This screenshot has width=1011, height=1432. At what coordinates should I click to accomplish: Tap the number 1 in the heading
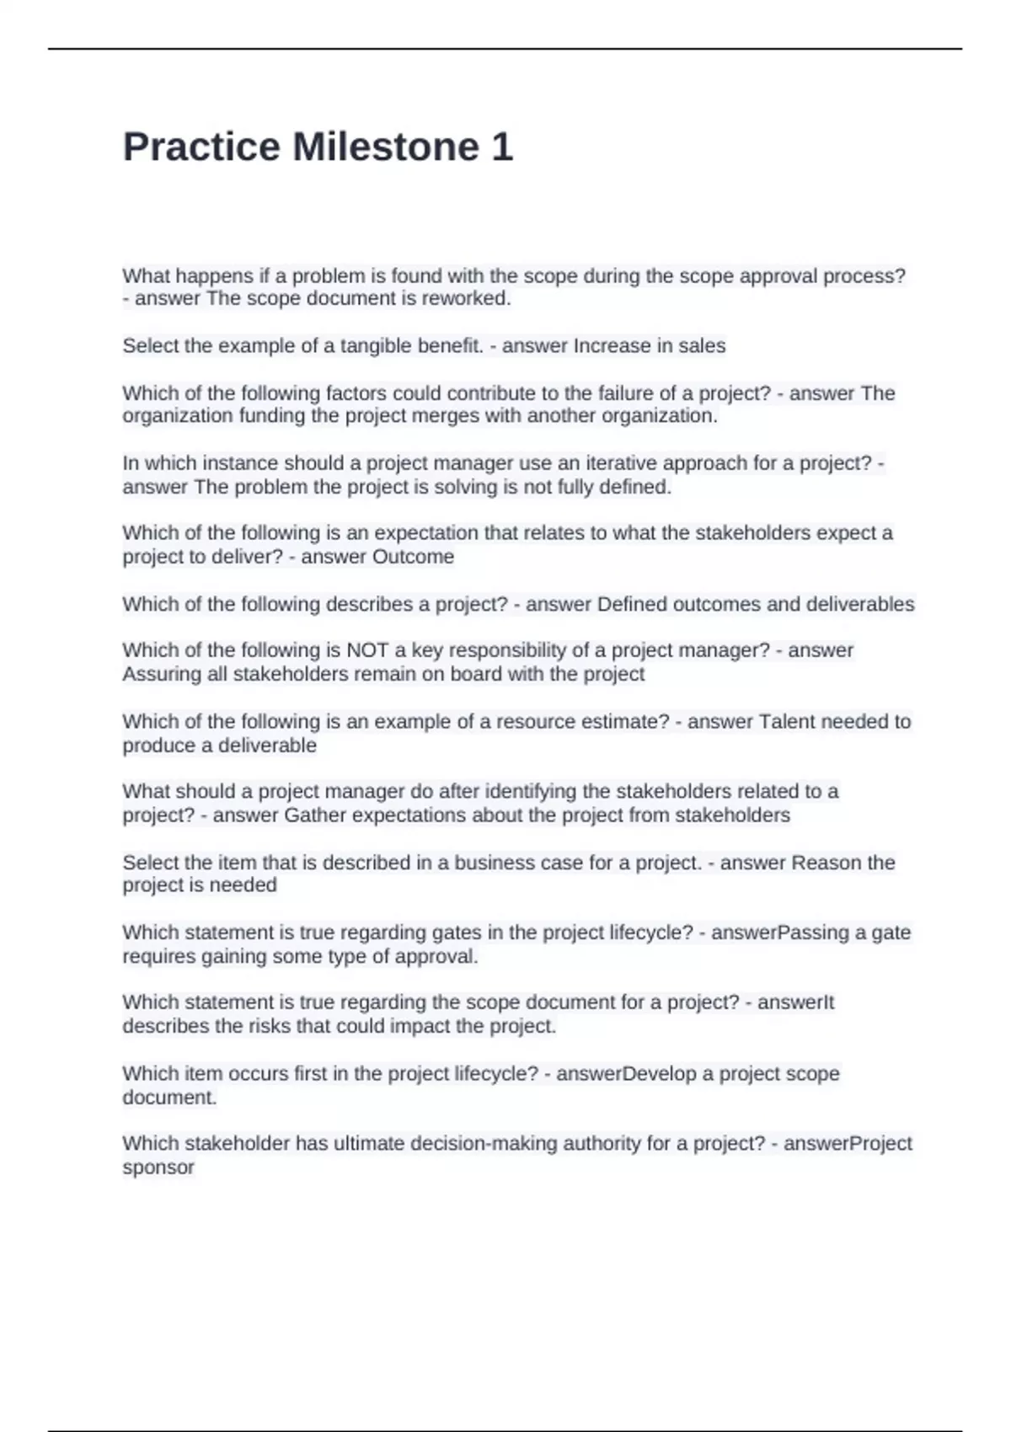coord(502,147)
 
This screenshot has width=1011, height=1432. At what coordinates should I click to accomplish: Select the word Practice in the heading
coord(201,147)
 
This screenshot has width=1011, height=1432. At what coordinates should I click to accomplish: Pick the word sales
coord(702,345)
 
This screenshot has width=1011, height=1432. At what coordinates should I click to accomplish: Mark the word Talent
coord(787,722)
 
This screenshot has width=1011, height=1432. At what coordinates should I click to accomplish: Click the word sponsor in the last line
coord(158,1168)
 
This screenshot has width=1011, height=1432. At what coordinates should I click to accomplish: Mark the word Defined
coord(629,604)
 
